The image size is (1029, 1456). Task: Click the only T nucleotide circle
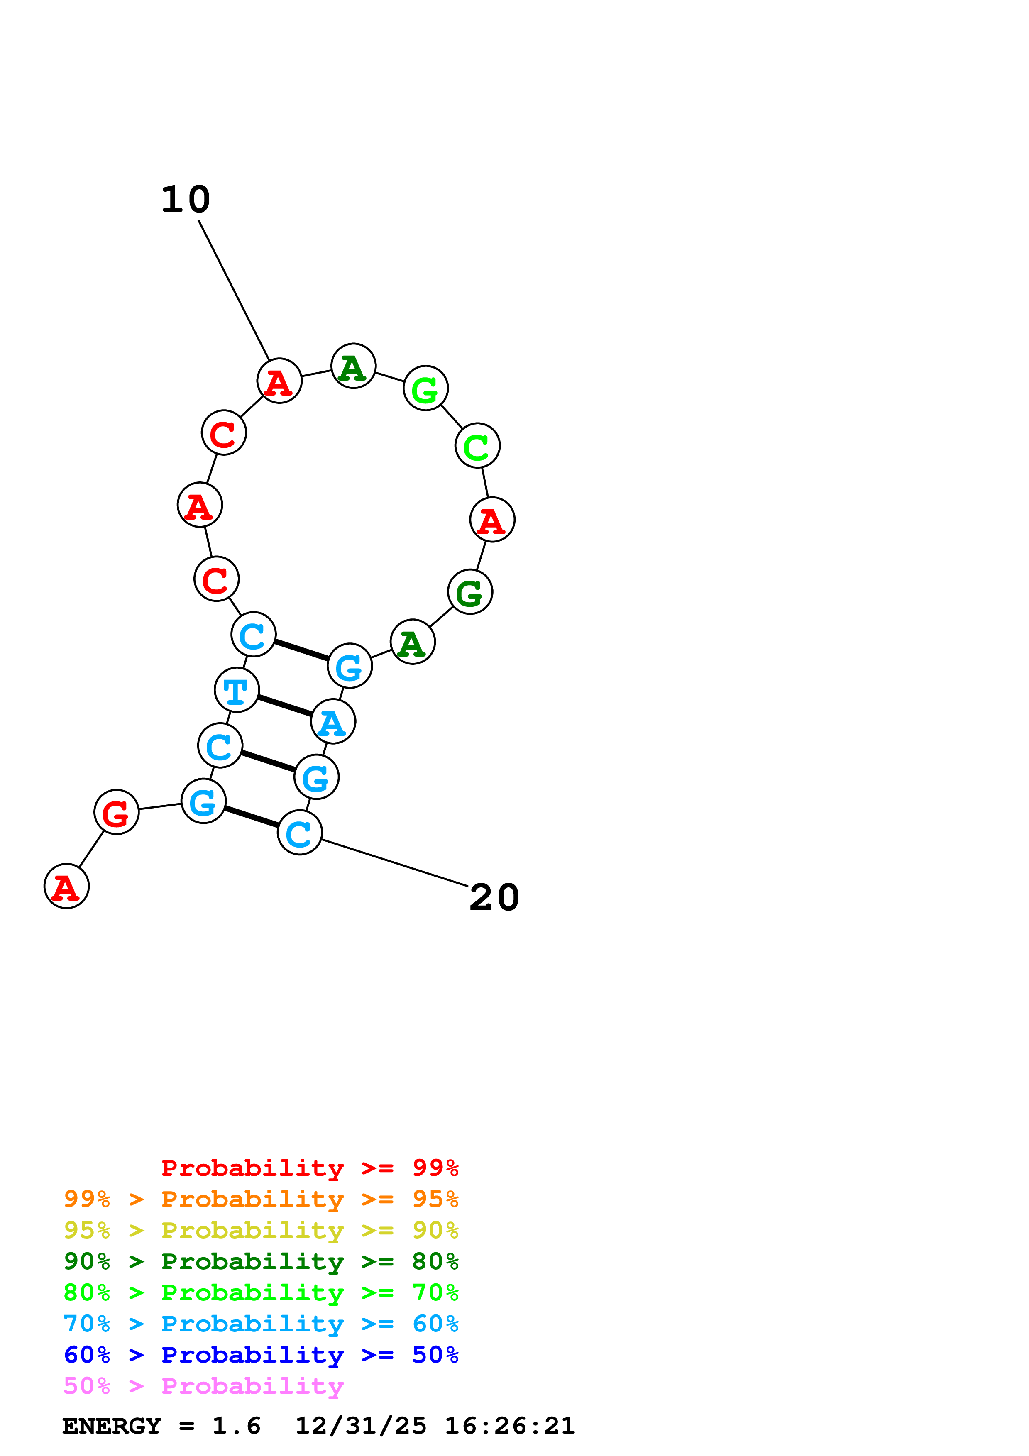click(237, 690)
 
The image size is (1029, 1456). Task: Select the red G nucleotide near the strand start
click(116, 812)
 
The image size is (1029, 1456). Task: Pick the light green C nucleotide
click(477, 445)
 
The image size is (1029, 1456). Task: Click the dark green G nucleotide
click(470, 592)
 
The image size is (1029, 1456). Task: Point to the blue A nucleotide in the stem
click(333, 722)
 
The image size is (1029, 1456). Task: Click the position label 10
click(185, 200)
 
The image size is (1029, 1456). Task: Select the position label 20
click(494, 898)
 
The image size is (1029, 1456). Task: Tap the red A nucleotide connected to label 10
click(279, 381)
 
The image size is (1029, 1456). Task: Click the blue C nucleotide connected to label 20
click(299, 833)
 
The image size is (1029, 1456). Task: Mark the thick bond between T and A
click(285, 706)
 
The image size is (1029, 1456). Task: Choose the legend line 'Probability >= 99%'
click(309, 1168)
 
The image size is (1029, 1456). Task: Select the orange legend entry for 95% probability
click(261, 1199)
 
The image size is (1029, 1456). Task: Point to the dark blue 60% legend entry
click(261, 1355)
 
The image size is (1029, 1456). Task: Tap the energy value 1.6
click(236, 1426)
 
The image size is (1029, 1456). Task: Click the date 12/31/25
click(361, 1426)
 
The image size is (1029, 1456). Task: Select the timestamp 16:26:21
click(510, 1426)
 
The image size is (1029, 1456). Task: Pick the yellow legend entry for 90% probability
click(261, 1230)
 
